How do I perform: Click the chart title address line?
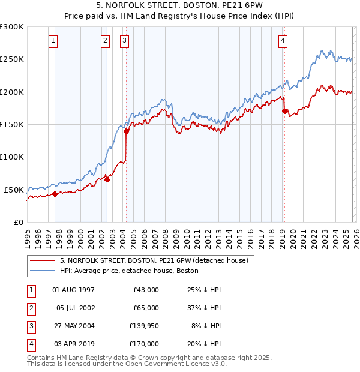179,5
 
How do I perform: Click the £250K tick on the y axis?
12,59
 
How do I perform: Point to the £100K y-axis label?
12,157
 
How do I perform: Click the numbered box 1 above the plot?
53,41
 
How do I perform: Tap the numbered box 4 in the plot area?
283,41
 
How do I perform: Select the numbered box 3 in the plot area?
124,41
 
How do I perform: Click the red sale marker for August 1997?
55,194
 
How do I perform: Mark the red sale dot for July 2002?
107,179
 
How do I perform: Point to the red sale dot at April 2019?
284,111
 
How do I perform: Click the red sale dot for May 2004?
127,131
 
